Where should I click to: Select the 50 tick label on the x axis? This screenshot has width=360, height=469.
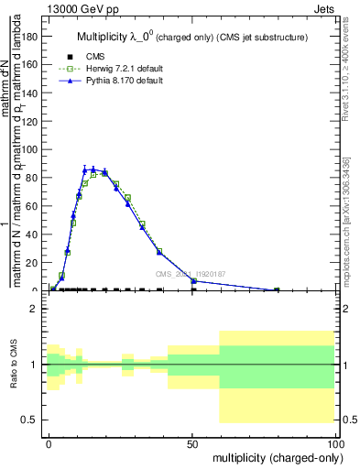coord(192,442)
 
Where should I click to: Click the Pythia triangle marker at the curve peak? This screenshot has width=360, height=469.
coord(93,169)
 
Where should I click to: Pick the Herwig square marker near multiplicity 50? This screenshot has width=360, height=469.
coord(193,281)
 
